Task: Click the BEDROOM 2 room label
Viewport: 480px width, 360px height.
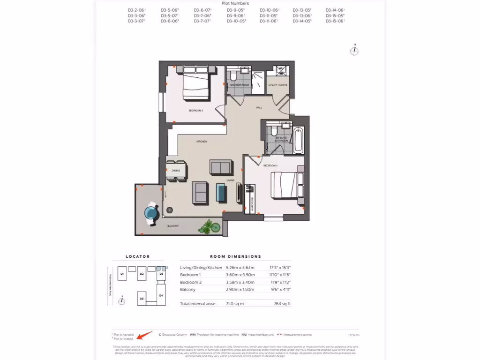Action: click(195, 111)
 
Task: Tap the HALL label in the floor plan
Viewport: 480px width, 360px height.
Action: click(259, 108)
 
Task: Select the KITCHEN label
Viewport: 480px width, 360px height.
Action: click(202, 141)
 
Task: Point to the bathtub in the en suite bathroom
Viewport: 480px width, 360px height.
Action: click(298, 139)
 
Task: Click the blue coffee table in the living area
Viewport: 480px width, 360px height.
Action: click(220, 191)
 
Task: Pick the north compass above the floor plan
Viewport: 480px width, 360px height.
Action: click(355, 50)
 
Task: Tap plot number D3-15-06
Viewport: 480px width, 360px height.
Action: click(335, 21)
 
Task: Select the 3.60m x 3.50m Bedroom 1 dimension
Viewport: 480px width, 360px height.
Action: click(240, 275)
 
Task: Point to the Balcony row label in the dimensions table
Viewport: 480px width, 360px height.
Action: click(187, 290)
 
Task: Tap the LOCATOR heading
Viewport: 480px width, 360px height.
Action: click(138, 257)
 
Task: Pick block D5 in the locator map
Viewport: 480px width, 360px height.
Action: click(141, 298)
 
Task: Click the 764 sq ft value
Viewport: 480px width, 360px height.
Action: click(282, 304)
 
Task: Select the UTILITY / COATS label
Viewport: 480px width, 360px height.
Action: click(277, 85)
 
